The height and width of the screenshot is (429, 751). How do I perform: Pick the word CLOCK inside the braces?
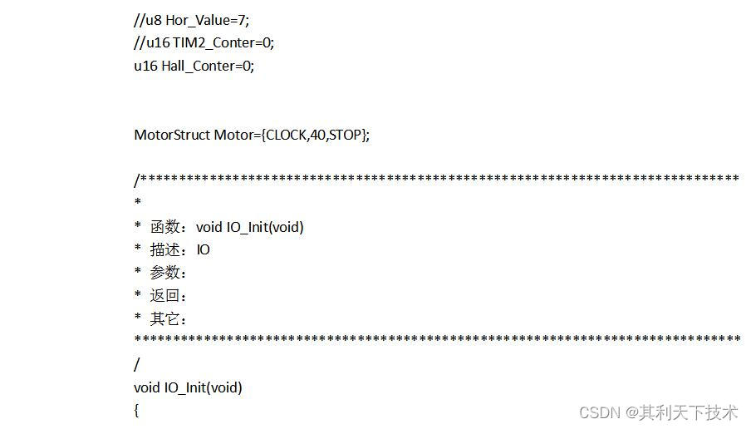pos(286,135)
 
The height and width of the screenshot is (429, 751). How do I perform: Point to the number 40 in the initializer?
pos(317,135)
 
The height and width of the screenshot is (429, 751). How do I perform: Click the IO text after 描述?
pos(204,249)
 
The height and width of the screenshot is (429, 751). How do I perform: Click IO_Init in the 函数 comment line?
pos(248,227)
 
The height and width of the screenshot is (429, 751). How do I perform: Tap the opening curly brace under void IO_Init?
pos(137,411)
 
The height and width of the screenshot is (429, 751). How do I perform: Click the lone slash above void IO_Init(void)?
pos(137,364)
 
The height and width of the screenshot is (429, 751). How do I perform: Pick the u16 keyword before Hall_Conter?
pos(145,67)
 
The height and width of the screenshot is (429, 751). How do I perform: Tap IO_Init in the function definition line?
pos(184,387)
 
